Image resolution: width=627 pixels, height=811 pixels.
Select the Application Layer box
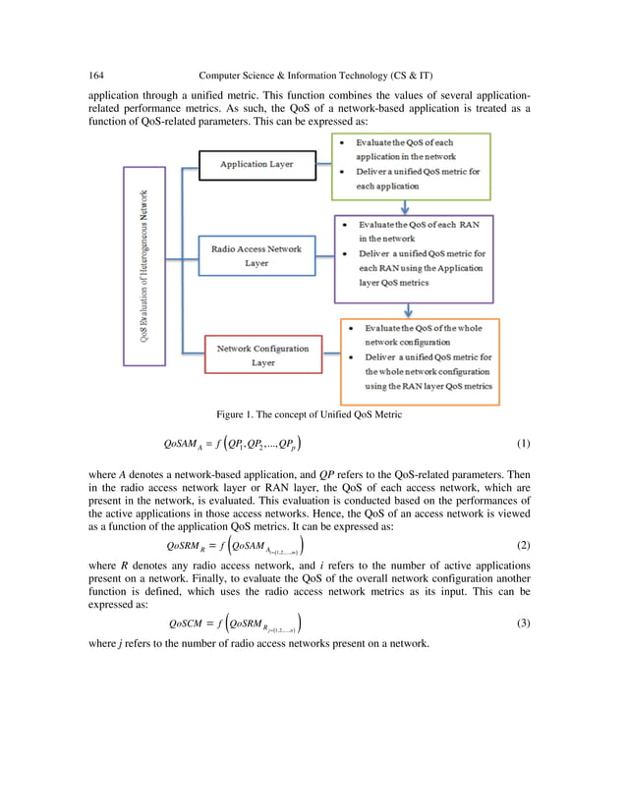tap(258, 165)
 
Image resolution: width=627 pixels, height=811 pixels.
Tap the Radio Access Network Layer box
tap(257, 256)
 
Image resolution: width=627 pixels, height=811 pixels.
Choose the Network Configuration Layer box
tap(262, 355)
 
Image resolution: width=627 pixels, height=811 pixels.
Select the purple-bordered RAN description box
tap(413, 258)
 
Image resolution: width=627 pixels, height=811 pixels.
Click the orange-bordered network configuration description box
tap(420, 358)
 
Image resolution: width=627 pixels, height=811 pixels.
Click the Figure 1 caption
tap(313, 413)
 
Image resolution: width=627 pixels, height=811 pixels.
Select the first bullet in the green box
tap(340, 143)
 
